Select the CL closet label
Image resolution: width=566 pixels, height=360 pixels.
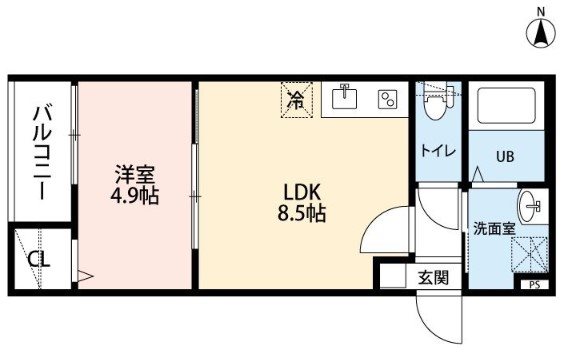pos(39,259)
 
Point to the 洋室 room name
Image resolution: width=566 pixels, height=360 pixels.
pos(135,174)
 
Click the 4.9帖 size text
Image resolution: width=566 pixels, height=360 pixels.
pos(134,196)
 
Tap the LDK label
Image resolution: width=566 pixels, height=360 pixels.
pos(302,193)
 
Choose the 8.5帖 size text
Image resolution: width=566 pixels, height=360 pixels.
pos(302,213)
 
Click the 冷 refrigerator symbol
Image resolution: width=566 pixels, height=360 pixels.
pos(296,100)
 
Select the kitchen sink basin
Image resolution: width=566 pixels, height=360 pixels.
pos(345,96)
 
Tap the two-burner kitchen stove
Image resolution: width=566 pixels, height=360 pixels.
pos(387,99)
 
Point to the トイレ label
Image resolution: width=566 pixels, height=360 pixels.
pos(438,151)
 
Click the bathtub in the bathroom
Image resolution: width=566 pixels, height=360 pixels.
pos(506,105)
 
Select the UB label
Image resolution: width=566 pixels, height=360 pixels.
pos(505,157)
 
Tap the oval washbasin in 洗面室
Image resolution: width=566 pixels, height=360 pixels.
pos(530,206)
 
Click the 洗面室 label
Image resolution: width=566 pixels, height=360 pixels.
pos(493,229)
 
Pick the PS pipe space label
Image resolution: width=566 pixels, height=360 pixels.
pos(535,285)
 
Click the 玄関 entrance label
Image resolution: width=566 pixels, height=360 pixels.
pos(433,277)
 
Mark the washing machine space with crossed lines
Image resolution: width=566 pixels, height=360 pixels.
pos(530,254)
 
